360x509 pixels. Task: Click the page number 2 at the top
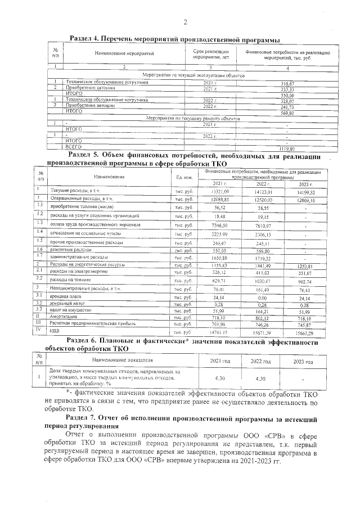pos(184,22)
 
